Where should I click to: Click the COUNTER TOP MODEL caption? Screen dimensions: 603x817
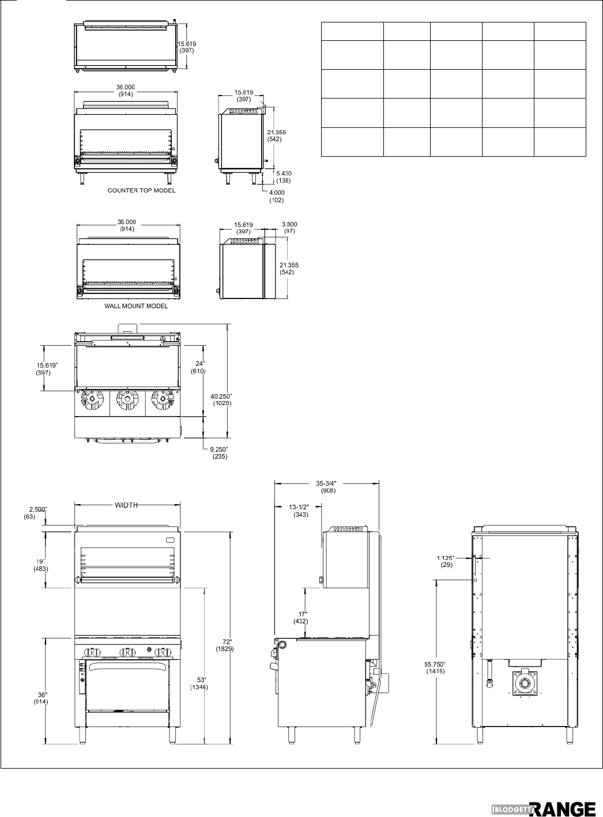point(141,190)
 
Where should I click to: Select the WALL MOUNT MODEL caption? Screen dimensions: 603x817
point(136,306)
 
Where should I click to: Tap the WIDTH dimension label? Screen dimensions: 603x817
point(126,505)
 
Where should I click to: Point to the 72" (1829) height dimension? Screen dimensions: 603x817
point(225,645)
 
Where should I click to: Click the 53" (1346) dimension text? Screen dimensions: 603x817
point(199,683)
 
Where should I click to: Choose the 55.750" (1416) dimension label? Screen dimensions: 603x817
point(435,668)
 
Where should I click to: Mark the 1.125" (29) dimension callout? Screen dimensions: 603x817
point(446,561)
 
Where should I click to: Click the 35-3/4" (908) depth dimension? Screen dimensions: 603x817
point(327,487)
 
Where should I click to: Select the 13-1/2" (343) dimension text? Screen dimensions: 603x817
point(300,510)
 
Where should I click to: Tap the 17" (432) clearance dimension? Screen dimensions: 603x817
point(301,618)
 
